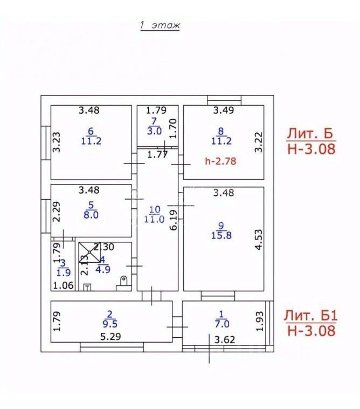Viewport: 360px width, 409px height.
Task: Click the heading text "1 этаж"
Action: click(160, 25)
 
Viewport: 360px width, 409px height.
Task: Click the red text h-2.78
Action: click(221, 160)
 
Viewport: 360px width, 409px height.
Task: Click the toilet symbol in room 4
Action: click(124, 281)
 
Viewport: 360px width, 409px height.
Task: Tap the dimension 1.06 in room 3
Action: click(62, 286)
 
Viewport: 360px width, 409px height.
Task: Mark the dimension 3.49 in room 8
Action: click(223, 111)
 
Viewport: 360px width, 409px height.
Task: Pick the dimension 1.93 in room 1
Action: click(260, 321)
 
